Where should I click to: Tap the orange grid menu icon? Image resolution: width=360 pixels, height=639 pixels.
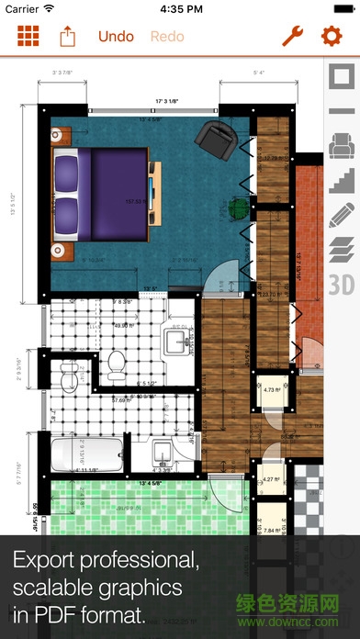tap(28, 37)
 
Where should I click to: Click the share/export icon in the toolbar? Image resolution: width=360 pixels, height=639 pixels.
tap(68, 37)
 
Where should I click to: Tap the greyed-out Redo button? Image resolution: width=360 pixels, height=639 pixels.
tap(166, 37)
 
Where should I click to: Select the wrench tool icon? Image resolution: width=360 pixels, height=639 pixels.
tap(292, 37)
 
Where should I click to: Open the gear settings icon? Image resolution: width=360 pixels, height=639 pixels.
tap(331, 37)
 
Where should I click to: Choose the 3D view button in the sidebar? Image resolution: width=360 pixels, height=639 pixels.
tap(341, 281)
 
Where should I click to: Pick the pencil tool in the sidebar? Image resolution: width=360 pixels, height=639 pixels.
tap(341, 214)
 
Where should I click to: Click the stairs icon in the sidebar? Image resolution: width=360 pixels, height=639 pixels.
tap(341, 180)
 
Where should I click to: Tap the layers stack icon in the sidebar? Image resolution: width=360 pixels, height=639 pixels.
tap(341, 248)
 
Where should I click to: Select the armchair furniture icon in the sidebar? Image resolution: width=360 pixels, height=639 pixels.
tap(341, 145)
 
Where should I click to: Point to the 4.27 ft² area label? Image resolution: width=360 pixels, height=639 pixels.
tap(270, 478)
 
